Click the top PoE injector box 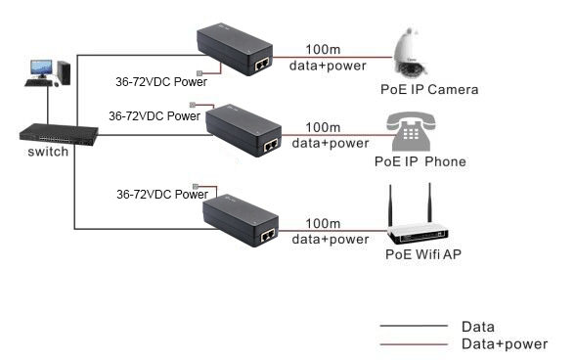click(x=236, y=52)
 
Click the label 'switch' click(x=48, y=154)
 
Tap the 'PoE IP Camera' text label click(x=429, y=90)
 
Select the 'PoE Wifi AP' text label click(x=422, y=256)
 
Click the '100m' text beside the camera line click(x=323, y=49)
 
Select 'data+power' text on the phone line click(x=332, y=144)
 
